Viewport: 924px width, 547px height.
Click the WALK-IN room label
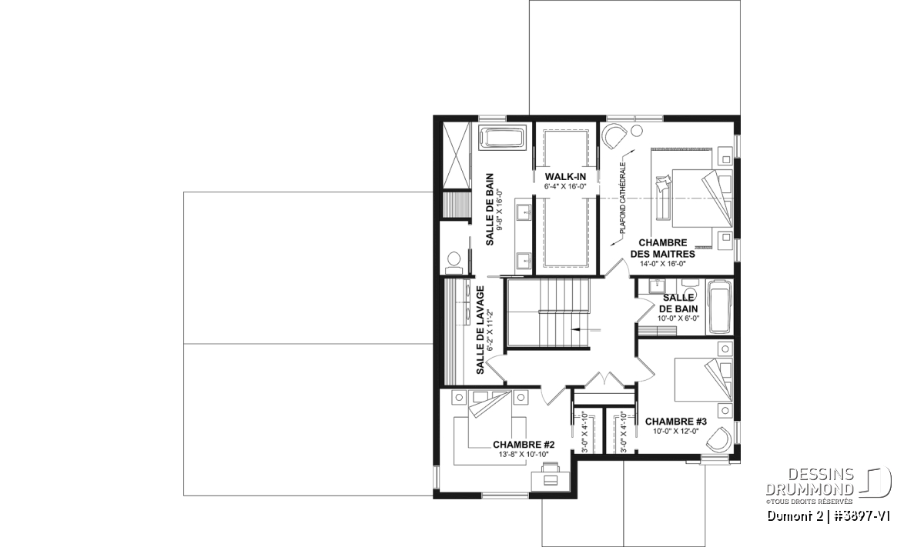coord(565,177)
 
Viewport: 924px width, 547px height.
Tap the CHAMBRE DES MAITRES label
coord(663,248)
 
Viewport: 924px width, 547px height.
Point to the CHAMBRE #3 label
coord(676,422)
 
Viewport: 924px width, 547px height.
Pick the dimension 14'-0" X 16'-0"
coord(663,264)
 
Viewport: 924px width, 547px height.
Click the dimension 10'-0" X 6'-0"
coord(678,319)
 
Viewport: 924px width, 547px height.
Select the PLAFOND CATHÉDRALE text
coord(622,198)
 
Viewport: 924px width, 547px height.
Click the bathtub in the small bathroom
coord(719,307)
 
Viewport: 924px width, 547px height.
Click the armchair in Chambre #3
coord(719,439)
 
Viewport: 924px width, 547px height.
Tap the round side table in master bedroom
coord(637,131)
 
